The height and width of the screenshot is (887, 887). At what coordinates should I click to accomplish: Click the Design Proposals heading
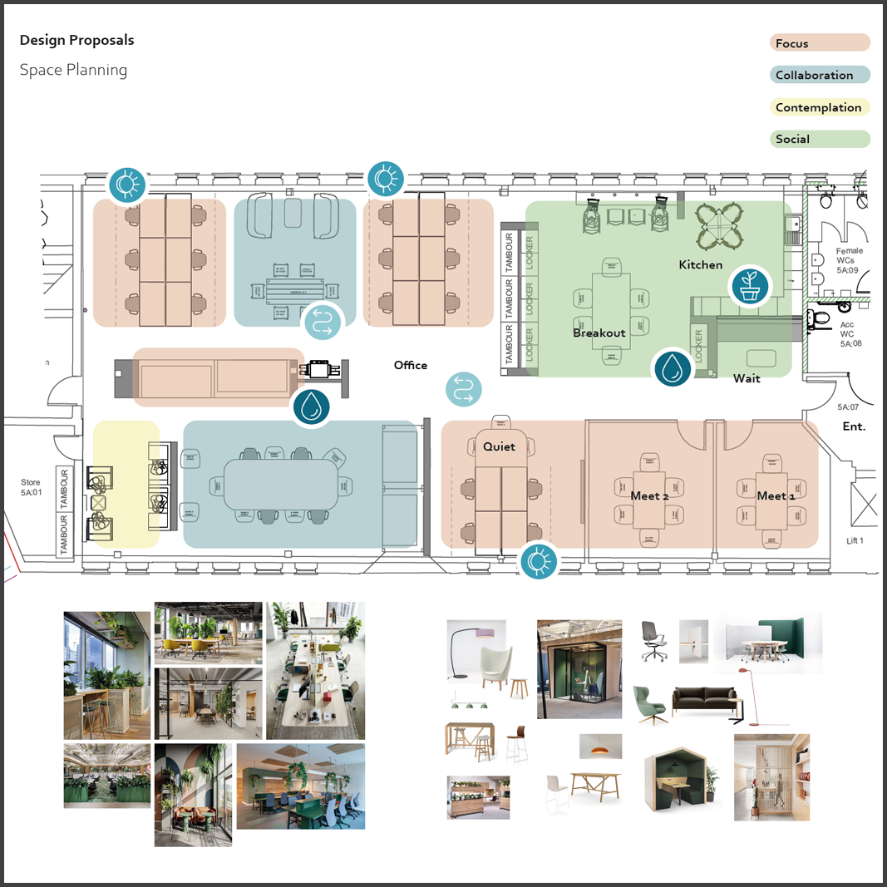(x=76, y=40)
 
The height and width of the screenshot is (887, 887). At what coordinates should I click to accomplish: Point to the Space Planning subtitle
(x=73, y=70)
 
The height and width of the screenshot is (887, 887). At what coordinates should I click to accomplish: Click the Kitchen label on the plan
(x=701, y=264)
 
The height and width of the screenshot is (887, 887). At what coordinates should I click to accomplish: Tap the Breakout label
(x=599, y=333)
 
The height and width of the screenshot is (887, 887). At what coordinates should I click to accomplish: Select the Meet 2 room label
(x=649, y=495)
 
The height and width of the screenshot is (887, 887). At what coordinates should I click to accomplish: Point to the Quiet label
(x=499, y=446)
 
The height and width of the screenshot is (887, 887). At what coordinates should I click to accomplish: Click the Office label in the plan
(x=411, y=365)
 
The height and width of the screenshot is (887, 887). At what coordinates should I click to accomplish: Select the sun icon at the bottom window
(x=539, y=562)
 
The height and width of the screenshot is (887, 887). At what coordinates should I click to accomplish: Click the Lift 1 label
(x=855, y=541)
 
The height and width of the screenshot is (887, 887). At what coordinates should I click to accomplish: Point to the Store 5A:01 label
(x=31, y=487)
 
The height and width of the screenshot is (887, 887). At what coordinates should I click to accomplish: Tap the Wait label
(x=747, y=379)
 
